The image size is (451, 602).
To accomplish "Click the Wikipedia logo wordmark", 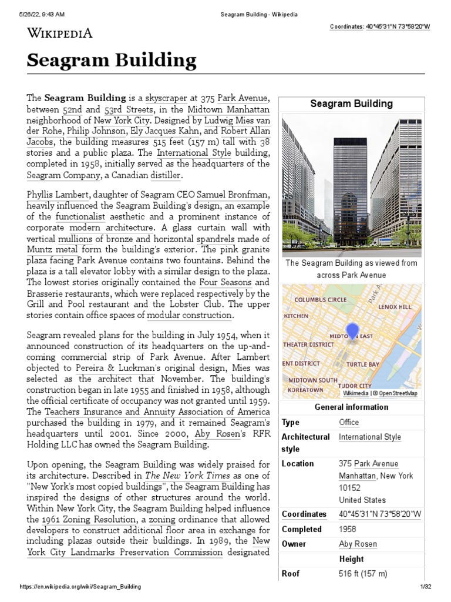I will [59, 33].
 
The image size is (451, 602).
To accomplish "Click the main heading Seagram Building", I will [112, 61].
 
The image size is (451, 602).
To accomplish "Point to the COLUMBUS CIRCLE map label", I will [320, 299].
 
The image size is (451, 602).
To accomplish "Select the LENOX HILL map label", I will [396, 307].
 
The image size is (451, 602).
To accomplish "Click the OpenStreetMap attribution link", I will [398, 393].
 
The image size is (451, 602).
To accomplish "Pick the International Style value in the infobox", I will [370, 437].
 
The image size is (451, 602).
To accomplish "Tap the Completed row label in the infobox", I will [301, 529].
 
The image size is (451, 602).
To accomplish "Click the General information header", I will [351, 407].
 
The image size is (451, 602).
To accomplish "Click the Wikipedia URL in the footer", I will [80, 587].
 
